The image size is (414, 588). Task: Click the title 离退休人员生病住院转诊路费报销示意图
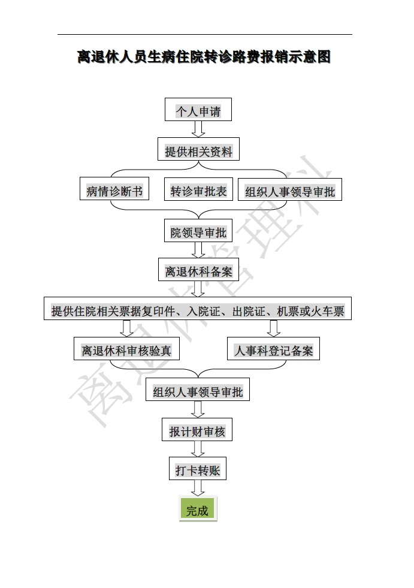point(204,58)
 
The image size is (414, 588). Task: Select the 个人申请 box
point(198,111)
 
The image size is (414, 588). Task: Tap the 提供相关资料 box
point(198,151)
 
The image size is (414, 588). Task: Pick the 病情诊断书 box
point(114,191)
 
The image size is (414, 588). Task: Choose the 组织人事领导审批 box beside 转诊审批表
point(290,192)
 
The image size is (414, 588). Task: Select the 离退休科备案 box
point(198,271)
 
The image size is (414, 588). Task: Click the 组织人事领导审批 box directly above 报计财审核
point(198,392)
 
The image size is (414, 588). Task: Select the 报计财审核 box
point(198,431)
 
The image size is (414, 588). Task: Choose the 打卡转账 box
point(198,471)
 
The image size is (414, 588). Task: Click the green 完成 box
point(197,510)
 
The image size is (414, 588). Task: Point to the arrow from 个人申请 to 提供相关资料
point(198,129)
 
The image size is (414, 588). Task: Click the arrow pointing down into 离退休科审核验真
point(126,329)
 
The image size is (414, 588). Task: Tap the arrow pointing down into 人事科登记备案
point(274,329)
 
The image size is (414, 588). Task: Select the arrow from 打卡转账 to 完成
point(198,489)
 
